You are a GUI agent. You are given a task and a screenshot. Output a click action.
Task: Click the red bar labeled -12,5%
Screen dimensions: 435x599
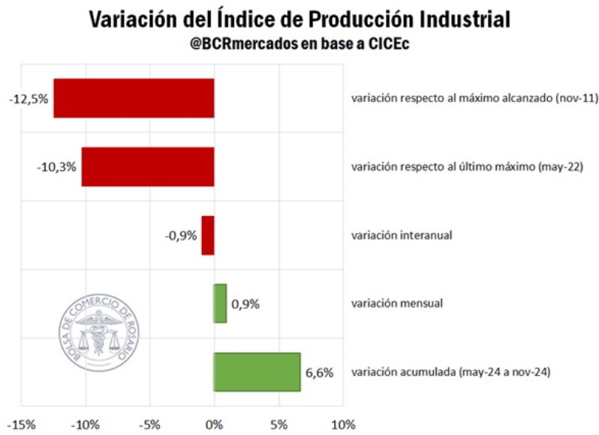[x=134, y=98]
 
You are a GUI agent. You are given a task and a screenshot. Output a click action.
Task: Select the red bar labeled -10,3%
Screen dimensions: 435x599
[x=148, y=166]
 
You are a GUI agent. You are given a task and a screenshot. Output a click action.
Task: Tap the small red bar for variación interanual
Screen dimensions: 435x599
[x=208, y=235]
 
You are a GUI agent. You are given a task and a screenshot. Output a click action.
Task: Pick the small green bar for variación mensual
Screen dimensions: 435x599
[x=220, y=303]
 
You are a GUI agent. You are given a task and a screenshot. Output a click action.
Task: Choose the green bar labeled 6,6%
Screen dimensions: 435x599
[x=257, y=371]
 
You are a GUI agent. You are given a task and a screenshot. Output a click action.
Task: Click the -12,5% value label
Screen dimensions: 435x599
[x=28, y=99]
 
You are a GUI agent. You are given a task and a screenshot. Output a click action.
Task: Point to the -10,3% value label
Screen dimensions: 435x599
[x=56, y=166]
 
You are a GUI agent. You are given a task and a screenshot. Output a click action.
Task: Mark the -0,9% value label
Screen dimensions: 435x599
[x=180, y=235]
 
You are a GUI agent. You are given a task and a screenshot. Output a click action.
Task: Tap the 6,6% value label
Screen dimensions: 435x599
[x=319, y=372]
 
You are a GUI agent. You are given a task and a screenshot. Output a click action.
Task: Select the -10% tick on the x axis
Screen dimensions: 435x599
[x=85, y=425]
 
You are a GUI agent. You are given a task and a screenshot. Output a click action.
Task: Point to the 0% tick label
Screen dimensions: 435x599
[x=215, y=425]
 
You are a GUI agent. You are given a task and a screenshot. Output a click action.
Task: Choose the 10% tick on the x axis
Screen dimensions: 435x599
[x=344, y=425]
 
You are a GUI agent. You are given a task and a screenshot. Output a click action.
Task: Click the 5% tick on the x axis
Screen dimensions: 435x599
[x=279, y=425]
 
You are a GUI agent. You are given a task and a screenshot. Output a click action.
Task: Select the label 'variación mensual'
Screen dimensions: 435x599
[x=397, y=303]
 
